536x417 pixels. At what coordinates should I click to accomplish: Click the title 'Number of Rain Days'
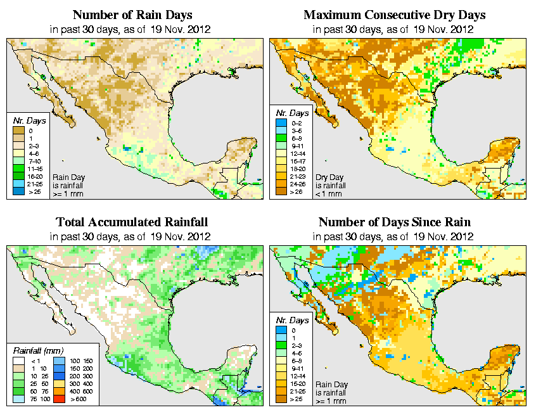[133, 15]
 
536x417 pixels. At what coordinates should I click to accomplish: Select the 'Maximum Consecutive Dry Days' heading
[395, 15]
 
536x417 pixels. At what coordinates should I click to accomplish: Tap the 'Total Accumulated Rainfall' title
[132, 222]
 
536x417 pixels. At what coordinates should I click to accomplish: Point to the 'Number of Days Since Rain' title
[394, 222]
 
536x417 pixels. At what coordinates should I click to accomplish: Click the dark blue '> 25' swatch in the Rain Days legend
[18, 191]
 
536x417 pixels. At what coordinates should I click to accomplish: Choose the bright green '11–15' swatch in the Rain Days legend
[18, 169]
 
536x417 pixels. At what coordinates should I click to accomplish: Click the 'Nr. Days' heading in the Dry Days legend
[293, 113]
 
